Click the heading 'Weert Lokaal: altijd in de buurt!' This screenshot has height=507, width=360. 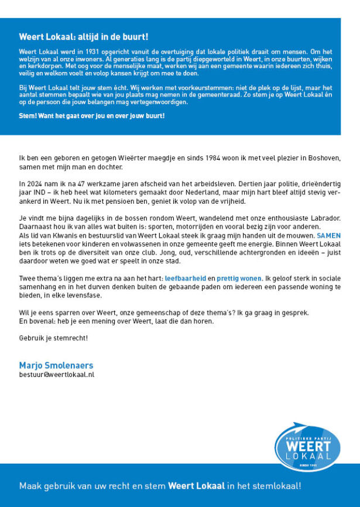[x=84, y=37]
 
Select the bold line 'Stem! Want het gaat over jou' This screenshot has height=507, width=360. [x=91, y=116]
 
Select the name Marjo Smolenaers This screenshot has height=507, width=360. [x=56, y=365]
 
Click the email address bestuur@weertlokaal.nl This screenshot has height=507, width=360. [x=56, y=374]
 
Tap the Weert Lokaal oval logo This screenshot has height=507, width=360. [x=307, y=448]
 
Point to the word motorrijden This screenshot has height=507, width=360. [x=178, y=226]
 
